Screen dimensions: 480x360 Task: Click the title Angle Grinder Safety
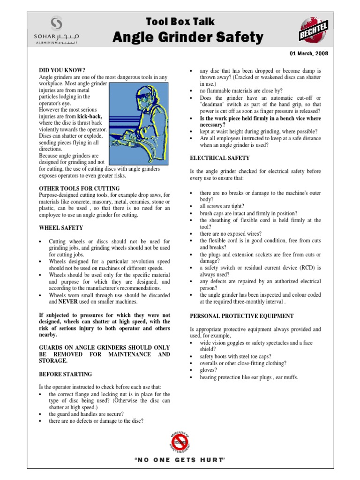point(187,37)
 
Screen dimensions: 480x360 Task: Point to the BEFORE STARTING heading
point(66,374)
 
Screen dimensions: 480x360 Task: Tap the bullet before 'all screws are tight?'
point(192,206)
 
